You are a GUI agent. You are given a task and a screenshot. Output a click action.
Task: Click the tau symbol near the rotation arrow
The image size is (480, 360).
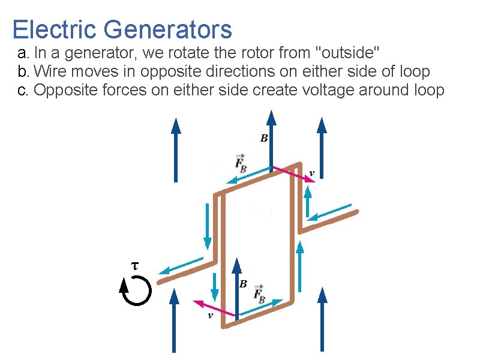click(134, 264)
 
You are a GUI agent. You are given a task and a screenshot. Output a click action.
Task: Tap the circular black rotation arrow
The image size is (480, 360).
click(135, 291)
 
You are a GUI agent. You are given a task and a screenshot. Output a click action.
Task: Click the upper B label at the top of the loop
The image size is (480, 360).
click(263, 139)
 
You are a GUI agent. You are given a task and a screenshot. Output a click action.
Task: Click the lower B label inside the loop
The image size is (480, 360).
click(243, 284)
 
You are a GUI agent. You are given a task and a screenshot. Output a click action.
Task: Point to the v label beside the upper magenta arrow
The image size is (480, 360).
click(311, 174)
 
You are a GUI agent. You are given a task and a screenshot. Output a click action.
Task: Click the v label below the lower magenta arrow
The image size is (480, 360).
click(210, 316)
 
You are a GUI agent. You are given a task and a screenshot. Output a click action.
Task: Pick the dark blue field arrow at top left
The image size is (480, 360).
click(176, 149)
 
